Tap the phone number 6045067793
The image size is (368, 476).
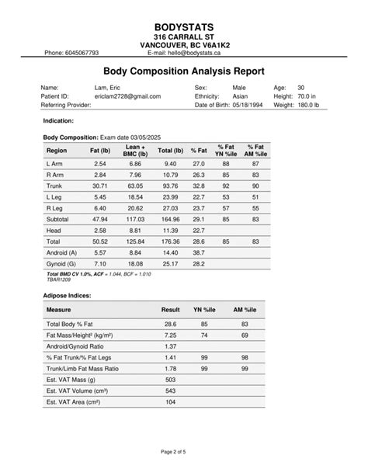point(82,53)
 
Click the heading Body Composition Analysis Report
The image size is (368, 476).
point(184,71)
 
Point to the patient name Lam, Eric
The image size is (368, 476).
point(109,89)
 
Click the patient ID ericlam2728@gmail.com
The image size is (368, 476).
point(127,96)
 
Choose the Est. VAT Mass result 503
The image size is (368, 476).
point(171,380)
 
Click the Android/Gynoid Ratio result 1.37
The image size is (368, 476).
point(171,346)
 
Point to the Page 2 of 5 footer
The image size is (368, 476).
point(184,451)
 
